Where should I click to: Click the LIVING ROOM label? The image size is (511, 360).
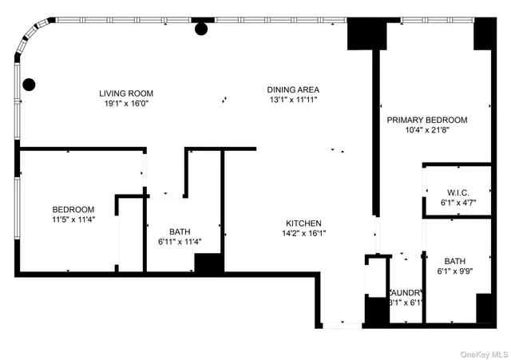[126, 93]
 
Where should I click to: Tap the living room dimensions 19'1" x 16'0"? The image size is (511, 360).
[126, 103]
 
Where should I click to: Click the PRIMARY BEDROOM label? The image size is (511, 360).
[427, 120]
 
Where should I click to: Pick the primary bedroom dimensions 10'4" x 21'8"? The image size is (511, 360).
[427, 130]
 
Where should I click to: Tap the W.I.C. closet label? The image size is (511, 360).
[458, 192]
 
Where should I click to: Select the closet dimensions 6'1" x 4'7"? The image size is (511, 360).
[458, 203]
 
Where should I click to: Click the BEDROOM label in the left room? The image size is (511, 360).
[73, 210]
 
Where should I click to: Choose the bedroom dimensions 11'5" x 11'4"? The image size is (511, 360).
[73, 220]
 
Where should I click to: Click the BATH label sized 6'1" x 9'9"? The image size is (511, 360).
[455, 261]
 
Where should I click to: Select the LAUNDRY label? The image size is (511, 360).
[406, 293]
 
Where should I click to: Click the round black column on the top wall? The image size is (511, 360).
[201, 30]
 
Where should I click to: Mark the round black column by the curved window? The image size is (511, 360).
[30, 83]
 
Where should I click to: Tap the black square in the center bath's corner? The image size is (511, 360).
[208, 264]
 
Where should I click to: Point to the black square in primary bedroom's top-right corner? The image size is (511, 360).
[485, 34]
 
